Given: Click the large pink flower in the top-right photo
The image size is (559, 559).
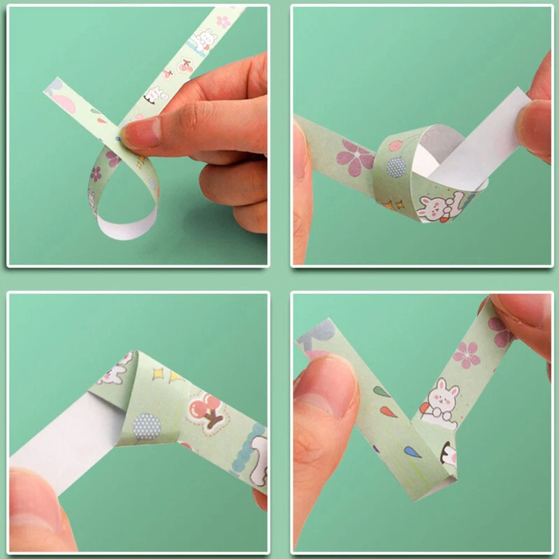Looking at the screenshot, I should coord(355,158).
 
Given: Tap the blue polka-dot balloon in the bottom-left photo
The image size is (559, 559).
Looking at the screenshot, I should coord(147,426).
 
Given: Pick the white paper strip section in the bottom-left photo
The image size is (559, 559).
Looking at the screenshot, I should coord(70,433).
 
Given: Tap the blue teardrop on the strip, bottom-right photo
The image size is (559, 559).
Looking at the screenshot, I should coord(412,453).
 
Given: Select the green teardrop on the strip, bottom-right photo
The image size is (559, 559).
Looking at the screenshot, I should coord(382,391).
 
